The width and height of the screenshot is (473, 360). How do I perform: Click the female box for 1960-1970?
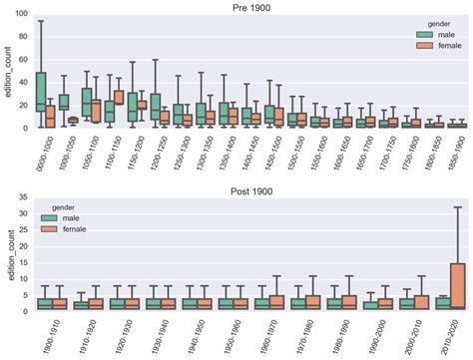[276, 303]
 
